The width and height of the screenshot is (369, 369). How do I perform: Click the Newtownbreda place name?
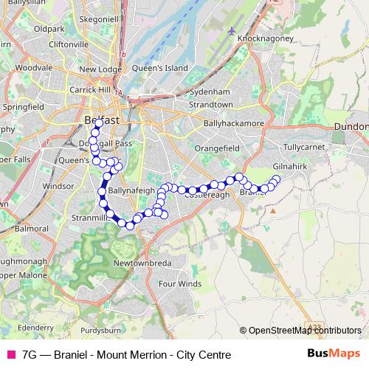tap(147, 262)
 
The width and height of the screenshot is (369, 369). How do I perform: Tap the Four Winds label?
tap(179, 283)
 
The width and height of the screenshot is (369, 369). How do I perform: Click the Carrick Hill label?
tap(89, 90)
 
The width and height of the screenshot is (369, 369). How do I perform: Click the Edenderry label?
tap(35, 326)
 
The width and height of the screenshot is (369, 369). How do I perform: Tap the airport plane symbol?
tap(233, 31)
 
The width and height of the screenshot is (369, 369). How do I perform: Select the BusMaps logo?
tap(334, 354)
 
